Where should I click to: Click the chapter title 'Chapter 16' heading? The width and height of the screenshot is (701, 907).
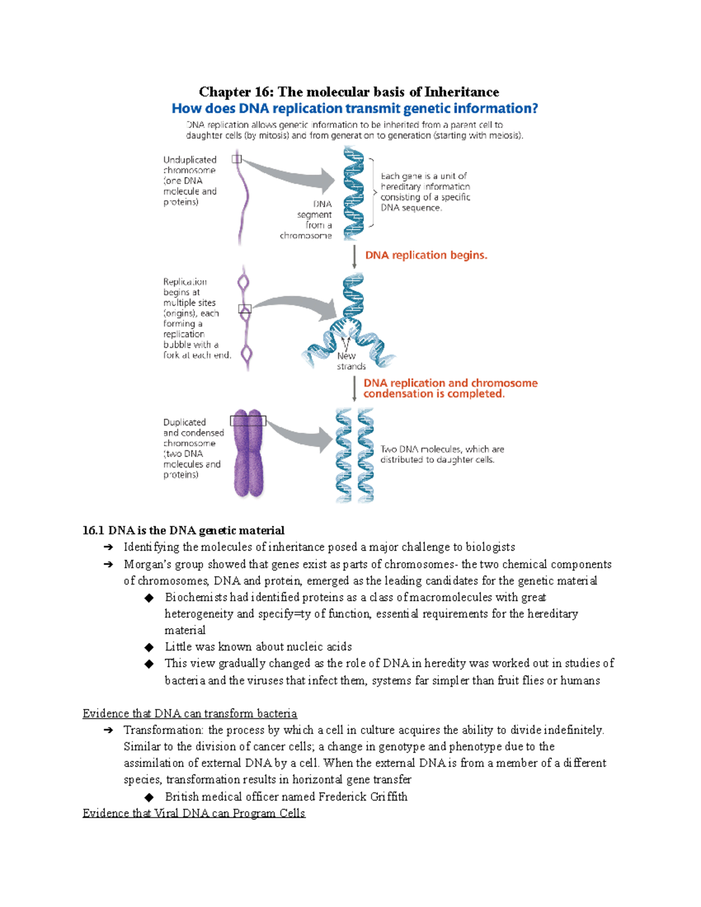(349, 92)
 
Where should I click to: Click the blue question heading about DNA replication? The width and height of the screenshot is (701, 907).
(355, 109)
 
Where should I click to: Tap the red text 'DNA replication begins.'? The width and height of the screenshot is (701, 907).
(426, 255)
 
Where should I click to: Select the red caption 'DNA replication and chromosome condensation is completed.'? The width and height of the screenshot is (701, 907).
(450, 388)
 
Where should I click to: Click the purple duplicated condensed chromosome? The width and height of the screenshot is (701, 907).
(249, 456)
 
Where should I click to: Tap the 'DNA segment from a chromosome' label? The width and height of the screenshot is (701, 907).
(310, 220)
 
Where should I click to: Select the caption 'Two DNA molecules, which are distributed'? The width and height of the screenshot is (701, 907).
(442, 454)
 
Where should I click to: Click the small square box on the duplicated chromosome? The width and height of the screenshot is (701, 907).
(248, 421)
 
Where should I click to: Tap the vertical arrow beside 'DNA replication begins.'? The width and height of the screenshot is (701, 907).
(355, 257)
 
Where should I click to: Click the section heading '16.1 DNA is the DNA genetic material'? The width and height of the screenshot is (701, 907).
(183, 530)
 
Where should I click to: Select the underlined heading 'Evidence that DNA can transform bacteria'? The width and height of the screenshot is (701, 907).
(190, 713)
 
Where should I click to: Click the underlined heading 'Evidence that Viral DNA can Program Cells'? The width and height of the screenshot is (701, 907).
(194, 813)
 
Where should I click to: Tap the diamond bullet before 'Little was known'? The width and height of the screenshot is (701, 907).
(150, 647)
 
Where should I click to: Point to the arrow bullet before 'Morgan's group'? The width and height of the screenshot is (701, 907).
(108, 564)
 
